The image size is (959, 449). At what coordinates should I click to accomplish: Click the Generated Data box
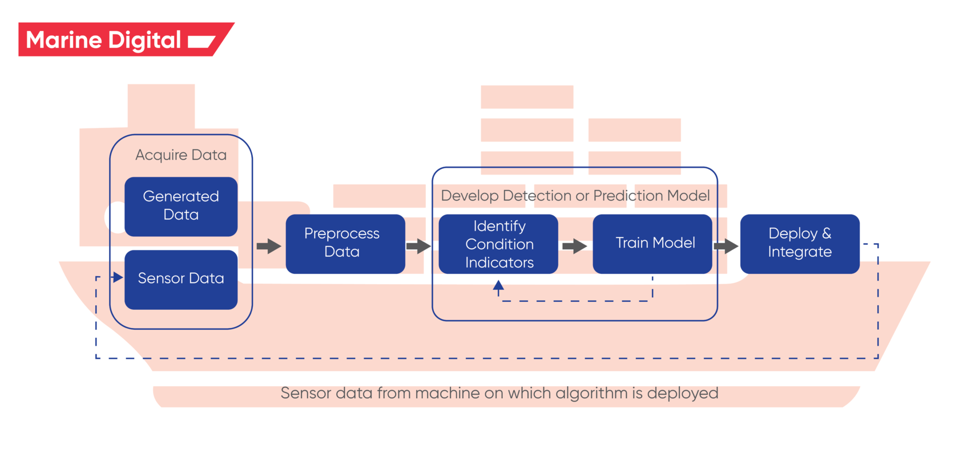(181, 206)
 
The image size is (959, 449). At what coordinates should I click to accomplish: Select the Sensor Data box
(181, 279)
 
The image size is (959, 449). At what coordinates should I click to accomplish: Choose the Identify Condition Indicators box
(498, 244)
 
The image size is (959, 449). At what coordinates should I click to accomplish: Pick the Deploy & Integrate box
(799, 243)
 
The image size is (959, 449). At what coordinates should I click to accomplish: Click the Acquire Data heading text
(181, 155)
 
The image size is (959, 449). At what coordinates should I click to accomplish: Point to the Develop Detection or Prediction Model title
(575, 196)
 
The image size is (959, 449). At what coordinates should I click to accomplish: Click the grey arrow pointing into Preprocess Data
(269, 246)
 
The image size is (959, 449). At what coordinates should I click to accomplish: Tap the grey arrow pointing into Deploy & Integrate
(726, 246)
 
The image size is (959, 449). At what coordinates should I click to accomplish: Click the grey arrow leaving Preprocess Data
(418, 246)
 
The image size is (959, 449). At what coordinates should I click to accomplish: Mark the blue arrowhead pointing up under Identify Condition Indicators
(498, 285)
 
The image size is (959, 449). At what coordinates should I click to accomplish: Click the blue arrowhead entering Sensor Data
(118, 277)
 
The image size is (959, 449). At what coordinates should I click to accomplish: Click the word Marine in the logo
(64, 40)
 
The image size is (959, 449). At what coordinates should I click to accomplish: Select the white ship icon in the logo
(201, 41)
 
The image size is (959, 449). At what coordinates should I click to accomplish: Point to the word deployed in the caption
(682, 393)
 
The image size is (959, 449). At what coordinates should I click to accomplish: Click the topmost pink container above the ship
(526, 97)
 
